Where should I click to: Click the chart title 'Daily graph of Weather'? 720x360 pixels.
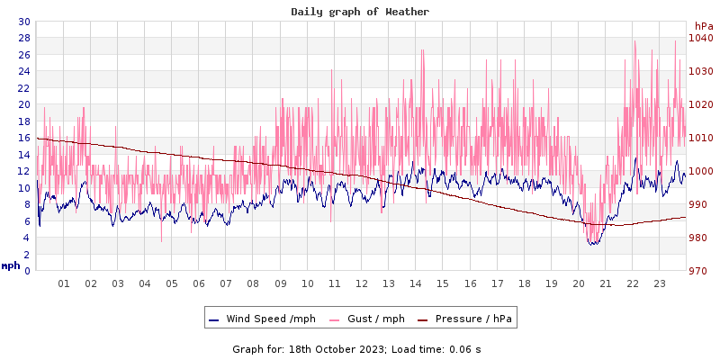point(360,12)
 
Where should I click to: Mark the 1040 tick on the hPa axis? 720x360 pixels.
point(701,38)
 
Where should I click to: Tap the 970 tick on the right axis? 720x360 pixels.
point(701,271)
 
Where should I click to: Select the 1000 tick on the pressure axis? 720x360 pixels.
point(701,171)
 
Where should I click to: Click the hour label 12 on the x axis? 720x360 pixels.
point(362,283)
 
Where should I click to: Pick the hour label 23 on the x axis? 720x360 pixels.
point(660,283)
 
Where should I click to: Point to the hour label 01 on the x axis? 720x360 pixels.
point(64,283)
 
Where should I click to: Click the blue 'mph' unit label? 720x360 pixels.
point(11,265)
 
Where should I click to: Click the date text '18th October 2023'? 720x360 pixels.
point(335,348)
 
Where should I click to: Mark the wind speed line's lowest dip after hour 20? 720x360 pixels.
point(592,244)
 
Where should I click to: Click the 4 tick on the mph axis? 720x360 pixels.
point(26,238)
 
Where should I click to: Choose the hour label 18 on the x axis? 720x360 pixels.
point(525,283)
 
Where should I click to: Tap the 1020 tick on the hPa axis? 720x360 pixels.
point(701,104)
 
